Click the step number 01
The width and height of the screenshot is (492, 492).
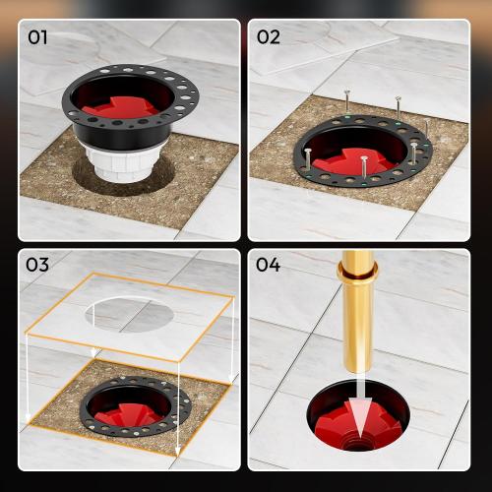(x=36, y=38)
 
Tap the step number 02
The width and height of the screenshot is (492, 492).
(x=269, y=38)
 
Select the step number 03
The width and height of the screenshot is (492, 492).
(x=37, y=266)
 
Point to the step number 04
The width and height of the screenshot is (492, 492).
(x=270, y=266)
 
